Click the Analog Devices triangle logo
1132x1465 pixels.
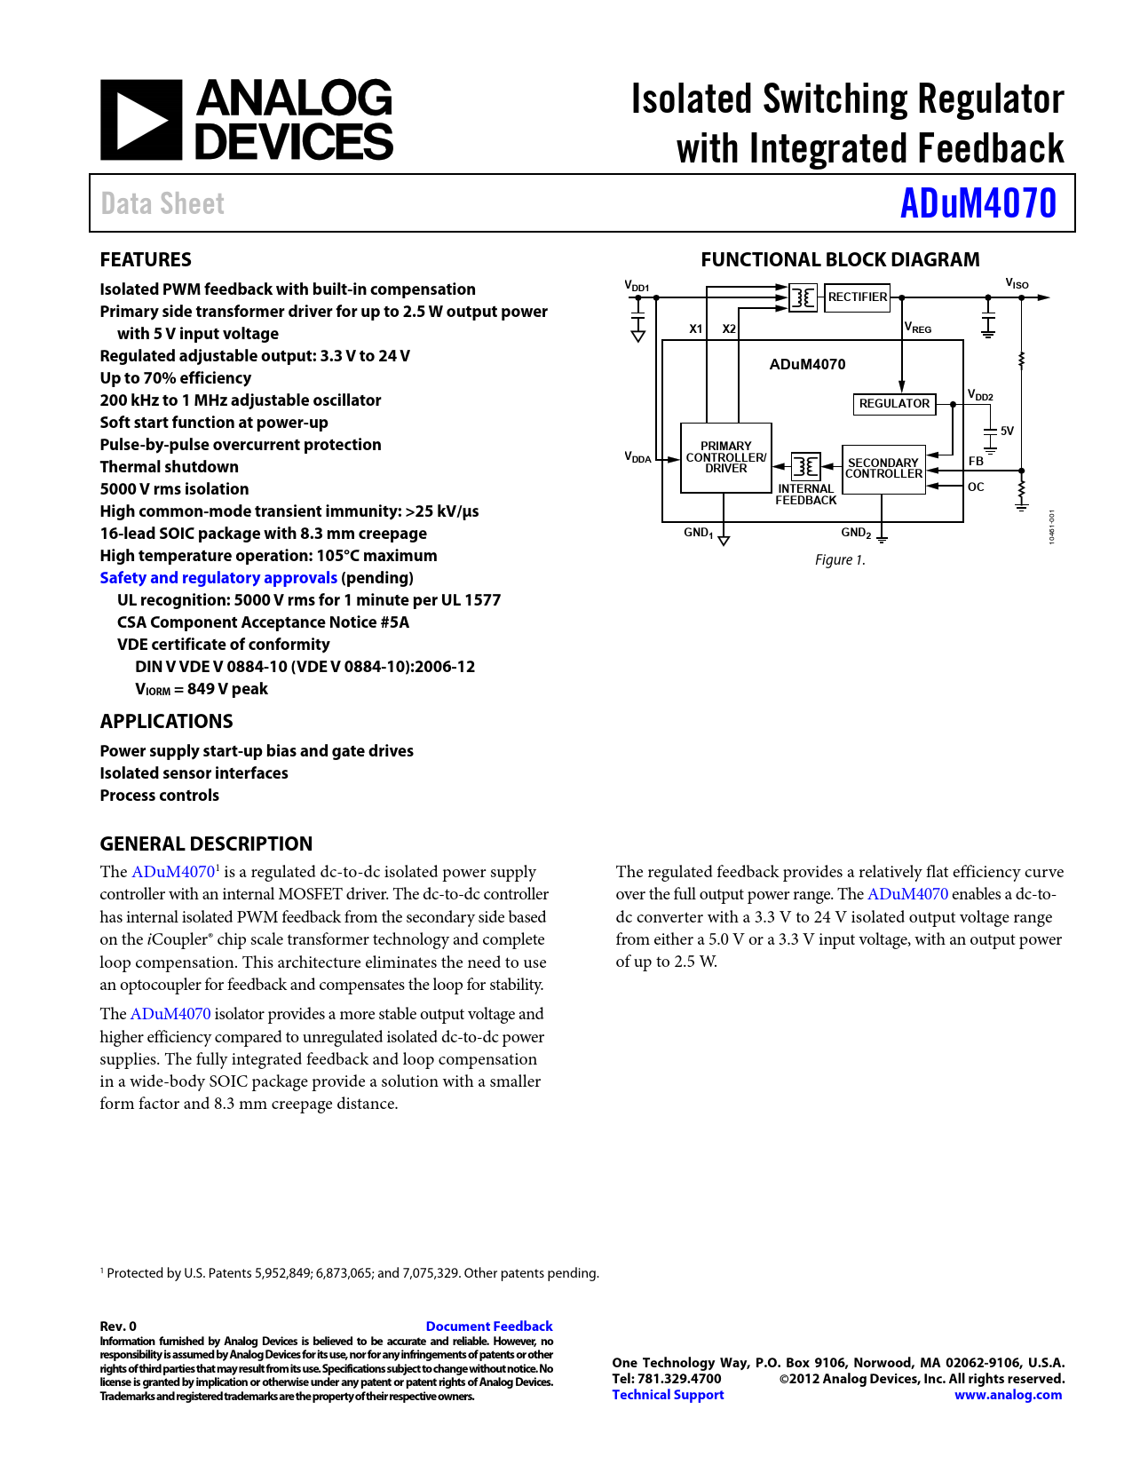(x=141, y=120)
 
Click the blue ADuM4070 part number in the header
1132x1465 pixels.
(x=978, y=203)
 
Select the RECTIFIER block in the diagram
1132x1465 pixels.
(x=857, y=297)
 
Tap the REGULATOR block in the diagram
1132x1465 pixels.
(x=894, y=404)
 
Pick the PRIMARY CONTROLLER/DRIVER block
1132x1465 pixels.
(x=725, y=457)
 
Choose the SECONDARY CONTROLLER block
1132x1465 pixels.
(x=883, y=469)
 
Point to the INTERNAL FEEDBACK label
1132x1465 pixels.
(x=805, y=495)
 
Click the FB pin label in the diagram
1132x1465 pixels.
(x=976, y=462)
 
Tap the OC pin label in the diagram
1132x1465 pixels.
(x=976, y=487)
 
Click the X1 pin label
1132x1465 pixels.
(x=696, y=329)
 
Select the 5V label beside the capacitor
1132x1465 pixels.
(x=1007, y=431)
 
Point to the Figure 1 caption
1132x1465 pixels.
(x=840, y=560)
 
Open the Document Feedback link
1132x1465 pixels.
(x=489, y=1326)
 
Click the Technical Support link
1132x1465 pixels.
(x=668, y=1395)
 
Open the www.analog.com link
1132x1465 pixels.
(x=1008, y=1395)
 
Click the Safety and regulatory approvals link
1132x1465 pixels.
(x=218, y=578)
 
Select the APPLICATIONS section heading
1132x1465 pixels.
(x=166, y=721)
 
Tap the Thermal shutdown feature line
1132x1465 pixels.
(x=169, y=467)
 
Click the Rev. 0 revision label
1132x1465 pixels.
(x=118, y=1326)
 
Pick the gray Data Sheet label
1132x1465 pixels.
(x=162, y=204)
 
